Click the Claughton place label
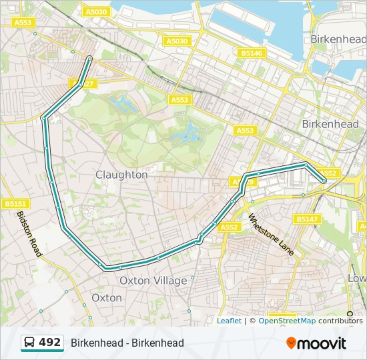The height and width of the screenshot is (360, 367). pyautogui.click(x=121, y=175)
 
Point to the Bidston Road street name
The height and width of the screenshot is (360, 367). pyautogui.click(x=29, y=234)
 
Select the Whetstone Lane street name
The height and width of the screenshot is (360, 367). pyautogui.click(x=271, y=235)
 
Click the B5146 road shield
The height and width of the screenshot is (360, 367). pyautogui.click(x=252, y=53)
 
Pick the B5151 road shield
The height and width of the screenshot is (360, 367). pyautogui.click(x=15, y=203)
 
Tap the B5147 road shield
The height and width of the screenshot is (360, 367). pyautogui.click(x=306, y=219)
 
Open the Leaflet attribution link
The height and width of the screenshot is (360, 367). pyautogui.click(x=229, y=321)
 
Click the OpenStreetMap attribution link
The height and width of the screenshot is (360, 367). pyautogui.click(x=287, y=321)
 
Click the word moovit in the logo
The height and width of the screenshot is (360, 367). pyautogui.click(x=323, y=343)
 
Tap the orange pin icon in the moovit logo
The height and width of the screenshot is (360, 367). pyautogui.click(x=292, y=343)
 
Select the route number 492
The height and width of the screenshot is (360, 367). pyautogui.click(x=49, y=343)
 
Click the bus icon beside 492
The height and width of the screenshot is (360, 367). pyautogui.click(x=30, y=343)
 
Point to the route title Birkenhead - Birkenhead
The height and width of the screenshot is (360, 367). pyautogui.click(x=127, y=343)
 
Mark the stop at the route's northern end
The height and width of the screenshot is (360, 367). pyautogui.click(x=89, y=59)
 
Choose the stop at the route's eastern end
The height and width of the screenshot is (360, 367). pyautogui.click(x=324, y=181)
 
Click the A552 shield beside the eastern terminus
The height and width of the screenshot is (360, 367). pyautogui.click(x=329, y=173)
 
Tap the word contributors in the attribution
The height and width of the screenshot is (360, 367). pyautogui.click(x=340, y=321)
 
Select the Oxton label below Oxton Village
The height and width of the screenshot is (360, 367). pyautogui.click(x=107, y=298)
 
